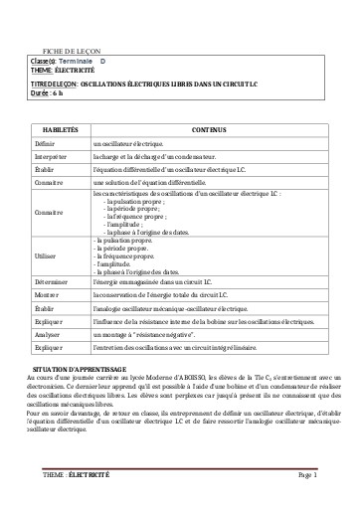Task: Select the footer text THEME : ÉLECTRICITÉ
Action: [77, 476]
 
